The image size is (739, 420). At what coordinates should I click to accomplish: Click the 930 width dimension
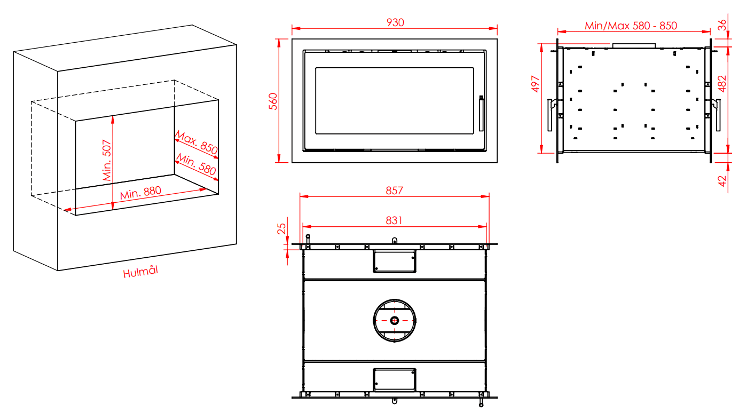pos(395,22)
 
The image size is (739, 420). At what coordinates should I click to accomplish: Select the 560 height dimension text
pos(273,101)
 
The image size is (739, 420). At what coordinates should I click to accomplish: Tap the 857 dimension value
pos(394,191)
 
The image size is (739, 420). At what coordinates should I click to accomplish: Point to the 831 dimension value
pos(394,220)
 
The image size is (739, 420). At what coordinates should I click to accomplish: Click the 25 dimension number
pos(281,229)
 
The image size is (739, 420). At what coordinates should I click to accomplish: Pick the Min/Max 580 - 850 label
pos(631,26)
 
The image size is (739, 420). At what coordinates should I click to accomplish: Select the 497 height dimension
pos(536,84)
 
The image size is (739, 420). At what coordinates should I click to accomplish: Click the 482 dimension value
pos(722,84)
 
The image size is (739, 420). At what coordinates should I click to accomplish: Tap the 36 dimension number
pos(722,25)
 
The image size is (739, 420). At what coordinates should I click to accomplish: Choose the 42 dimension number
pos(722,181)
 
